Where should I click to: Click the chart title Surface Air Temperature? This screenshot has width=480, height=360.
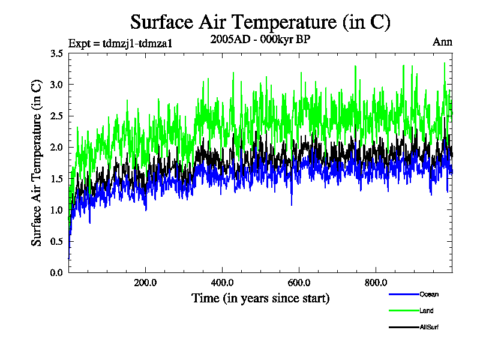260,23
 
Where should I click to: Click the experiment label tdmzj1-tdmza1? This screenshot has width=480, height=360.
121,43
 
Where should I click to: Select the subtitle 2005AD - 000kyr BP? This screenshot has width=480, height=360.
260,40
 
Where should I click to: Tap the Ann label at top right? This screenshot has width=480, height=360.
442,42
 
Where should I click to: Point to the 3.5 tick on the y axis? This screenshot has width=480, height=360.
57,53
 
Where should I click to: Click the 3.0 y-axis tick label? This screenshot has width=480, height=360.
57,85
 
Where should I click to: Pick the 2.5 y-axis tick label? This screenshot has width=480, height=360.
57,116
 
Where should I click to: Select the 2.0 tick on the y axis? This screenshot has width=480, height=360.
57,148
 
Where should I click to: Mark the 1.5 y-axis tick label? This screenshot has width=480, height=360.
57,179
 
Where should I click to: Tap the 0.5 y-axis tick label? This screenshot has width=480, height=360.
57,241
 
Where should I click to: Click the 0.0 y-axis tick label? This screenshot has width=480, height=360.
57,273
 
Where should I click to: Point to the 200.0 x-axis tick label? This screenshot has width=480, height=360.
145,283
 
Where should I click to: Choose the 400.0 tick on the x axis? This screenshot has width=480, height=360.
222,283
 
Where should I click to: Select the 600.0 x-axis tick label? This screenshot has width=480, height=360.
299,283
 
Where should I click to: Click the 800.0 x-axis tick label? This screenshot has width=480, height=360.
376,283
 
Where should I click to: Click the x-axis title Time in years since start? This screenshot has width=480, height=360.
260,298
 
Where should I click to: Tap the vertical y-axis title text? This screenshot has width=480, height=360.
37,163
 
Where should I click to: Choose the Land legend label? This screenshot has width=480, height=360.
426,311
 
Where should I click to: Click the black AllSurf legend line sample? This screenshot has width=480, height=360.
403,328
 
